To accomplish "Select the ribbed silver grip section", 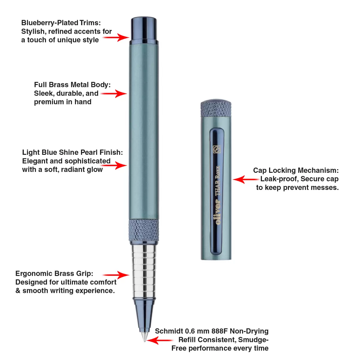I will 144,270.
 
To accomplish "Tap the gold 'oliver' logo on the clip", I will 218,212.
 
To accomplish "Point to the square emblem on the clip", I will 217,149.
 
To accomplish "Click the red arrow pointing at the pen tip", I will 160,340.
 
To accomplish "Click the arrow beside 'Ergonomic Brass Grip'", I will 116,275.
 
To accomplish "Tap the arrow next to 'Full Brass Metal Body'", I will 114,94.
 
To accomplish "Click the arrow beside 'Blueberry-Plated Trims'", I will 116,37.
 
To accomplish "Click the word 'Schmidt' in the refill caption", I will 169,331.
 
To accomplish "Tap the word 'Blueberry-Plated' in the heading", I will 50,23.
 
